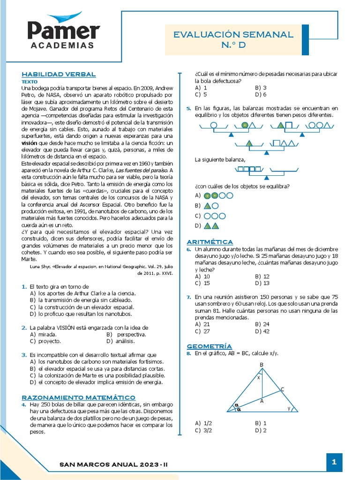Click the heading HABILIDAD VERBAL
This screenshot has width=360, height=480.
pyautogui.click(x=59, y=74)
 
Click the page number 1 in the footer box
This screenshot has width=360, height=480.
pyautogui.click(x=334, y=462)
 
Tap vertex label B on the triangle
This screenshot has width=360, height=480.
pyautogui.click(x=262, y=365)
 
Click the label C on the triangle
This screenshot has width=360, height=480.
pyautogui.click(x=282, y=389)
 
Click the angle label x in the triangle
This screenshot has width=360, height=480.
pyautogui.click(x=258, y=376)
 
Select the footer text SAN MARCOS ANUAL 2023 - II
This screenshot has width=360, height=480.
pyautogui.click(x=114, y=464)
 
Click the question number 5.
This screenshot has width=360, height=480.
pyautogui.click(x=188, y=108)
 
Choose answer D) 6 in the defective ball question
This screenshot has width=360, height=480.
pyautogui.click(x=261, y=94)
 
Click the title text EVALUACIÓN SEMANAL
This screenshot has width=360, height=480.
pyautogui.click(x=233, y=35)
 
